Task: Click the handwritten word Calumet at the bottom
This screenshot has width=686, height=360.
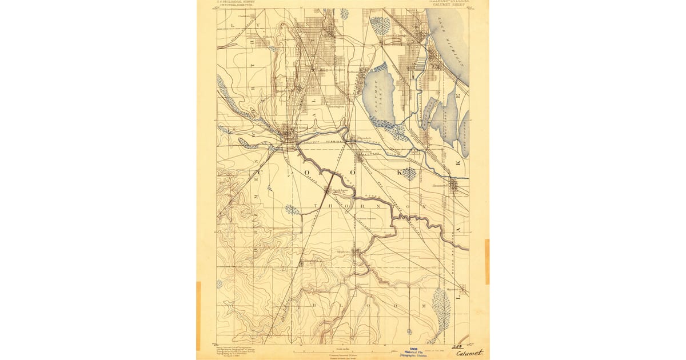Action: tap(469, 353)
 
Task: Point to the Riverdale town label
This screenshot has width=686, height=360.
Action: tap(364, 138)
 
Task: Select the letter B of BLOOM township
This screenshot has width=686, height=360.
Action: tap(314, 306)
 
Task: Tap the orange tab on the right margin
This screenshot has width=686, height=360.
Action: tap(487, 262)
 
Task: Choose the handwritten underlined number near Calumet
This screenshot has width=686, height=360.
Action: tap(457, 346)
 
